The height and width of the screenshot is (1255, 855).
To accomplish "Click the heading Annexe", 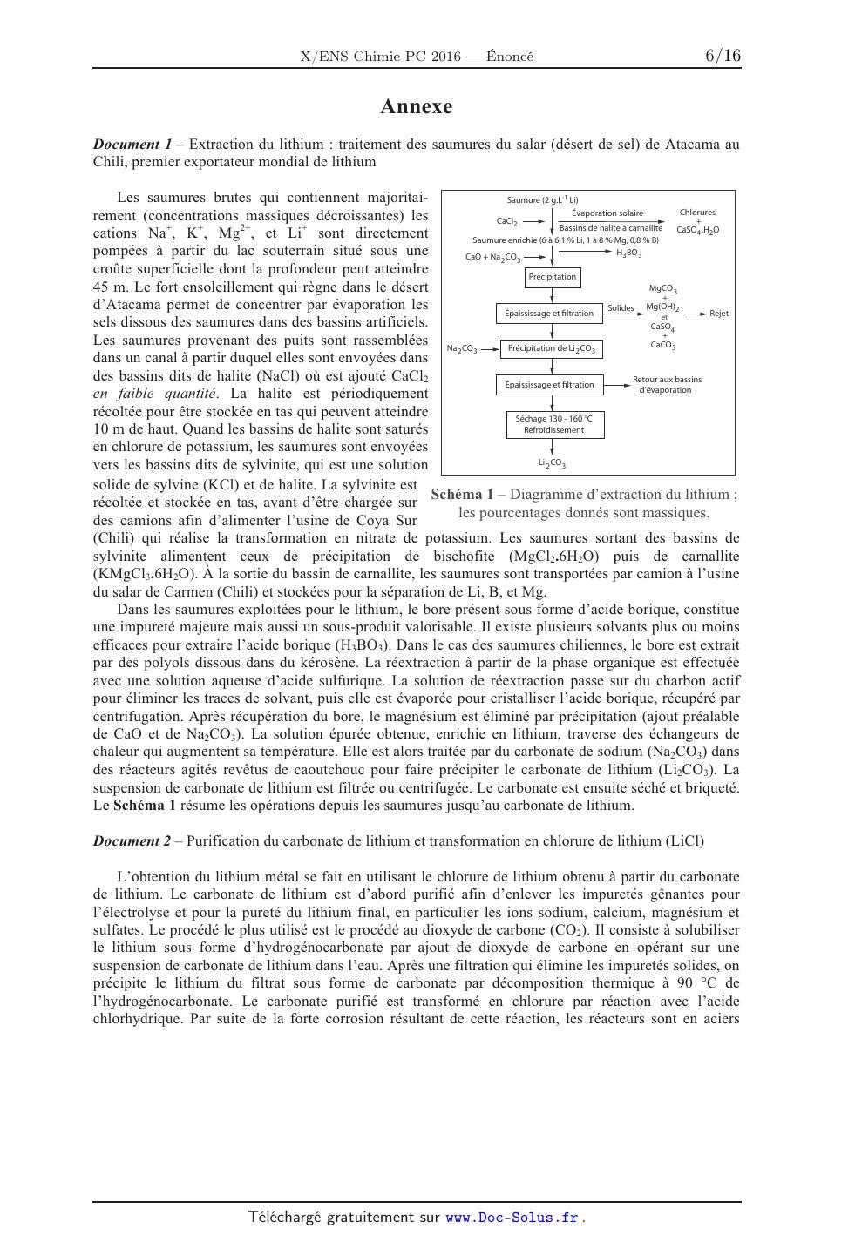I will [416, 107].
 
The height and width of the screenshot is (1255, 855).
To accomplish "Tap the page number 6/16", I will [723, 56].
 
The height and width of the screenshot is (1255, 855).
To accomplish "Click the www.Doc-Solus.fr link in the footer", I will [512, 1218].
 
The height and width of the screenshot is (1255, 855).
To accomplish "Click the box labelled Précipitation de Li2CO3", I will [551, 349].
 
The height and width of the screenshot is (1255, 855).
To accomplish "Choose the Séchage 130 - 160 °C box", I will [553, 424].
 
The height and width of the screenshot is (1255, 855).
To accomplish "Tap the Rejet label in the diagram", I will [719, 314].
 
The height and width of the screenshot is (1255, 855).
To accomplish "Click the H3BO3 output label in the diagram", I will [628, 253].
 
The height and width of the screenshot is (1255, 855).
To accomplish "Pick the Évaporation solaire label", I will [607, 213].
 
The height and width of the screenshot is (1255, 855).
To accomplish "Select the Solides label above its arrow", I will [621, 308].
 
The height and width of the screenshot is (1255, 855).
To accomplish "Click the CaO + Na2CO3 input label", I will [492, 258].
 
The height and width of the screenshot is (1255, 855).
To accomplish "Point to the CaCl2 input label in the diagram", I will [507, 222].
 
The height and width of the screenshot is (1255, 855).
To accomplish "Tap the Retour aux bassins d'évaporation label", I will [667, 384].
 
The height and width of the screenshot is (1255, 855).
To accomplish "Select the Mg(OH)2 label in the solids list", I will [662, 307].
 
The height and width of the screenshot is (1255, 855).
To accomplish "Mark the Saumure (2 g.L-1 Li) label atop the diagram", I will [543, 200].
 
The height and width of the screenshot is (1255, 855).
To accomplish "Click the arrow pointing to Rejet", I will [695, 314].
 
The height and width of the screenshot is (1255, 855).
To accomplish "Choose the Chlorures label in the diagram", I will [697, 213].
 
